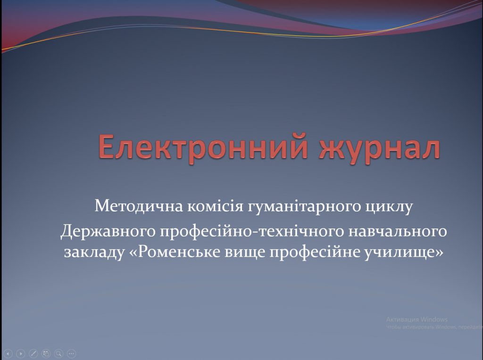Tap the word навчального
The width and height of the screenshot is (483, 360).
click(400, 231)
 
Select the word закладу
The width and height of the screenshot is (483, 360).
click(93, 252)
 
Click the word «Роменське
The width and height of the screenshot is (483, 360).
click(174, 252)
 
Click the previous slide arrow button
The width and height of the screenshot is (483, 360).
click(8, 353)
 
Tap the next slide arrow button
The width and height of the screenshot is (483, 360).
click(20, 353)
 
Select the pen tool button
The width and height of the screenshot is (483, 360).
click(33, 353)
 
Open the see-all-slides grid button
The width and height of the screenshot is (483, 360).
click(46, 353)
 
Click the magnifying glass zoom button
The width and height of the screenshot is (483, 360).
click(58, 353)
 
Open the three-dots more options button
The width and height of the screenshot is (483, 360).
click(71, 353)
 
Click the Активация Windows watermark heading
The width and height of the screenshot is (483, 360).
click(416, 319)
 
